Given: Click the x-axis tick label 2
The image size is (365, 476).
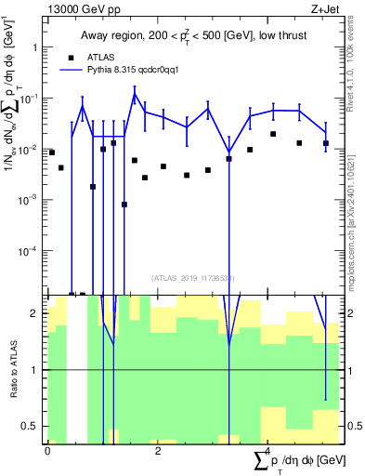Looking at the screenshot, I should pyautogui.click(x=157, y=449).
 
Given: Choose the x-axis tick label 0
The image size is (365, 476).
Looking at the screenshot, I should pyautogui.click(x=47, y=449).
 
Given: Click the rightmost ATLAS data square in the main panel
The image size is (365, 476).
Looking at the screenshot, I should pyautogui.click(x=326, y=143).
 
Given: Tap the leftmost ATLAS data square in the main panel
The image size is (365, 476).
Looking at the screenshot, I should pyautogui.click(x=51, y=152).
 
